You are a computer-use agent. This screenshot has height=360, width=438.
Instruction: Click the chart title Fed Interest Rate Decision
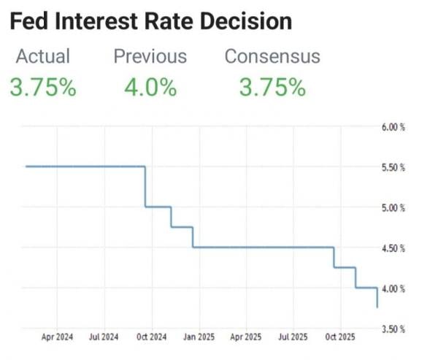(x=151, y=21)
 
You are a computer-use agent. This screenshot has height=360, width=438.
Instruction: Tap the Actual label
(x=43, y=56)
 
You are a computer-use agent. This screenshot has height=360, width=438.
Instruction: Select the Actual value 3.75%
(x=43, y=88)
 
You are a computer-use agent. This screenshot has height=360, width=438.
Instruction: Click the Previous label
(x=150, y=56)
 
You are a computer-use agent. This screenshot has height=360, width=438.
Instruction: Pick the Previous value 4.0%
(x=150, y=88)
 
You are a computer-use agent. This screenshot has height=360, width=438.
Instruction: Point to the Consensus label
(x=272, y=56)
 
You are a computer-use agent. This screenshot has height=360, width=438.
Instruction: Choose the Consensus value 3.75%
(x=272, y=88)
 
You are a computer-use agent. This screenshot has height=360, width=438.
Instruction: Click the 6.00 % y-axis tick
(x=393, y=127)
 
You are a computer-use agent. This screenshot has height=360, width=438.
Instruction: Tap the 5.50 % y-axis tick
(x=393, y=167)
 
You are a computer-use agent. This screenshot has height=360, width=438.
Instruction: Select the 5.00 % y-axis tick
(x=393, y=208)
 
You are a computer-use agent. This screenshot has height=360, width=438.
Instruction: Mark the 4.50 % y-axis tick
(x=393, y=248)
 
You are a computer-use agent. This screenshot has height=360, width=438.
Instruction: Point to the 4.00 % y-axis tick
(x=393, y=288)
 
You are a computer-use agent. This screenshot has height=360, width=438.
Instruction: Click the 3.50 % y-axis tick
(x=393, y=329)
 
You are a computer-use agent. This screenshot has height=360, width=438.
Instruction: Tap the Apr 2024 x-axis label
(x=58, y=338)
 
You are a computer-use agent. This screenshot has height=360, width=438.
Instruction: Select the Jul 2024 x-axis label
(x=104, y=338)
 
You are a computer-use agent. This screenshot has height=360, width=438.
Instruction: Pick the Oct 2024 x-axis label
(x=152, y=338)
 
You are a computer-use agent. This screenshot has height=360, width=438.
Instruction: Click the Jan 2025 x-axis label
(x=199, y=338)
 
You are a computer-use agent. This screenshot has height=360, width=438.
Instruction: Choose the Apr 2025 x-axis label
(x=245, y=338)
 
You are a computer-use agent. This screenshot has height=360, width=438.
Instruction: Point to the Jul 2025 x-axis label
(x=293, y=338)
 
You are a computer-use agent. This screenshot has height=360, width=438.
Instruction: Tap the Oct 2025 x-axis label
(x=340, y=338)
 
